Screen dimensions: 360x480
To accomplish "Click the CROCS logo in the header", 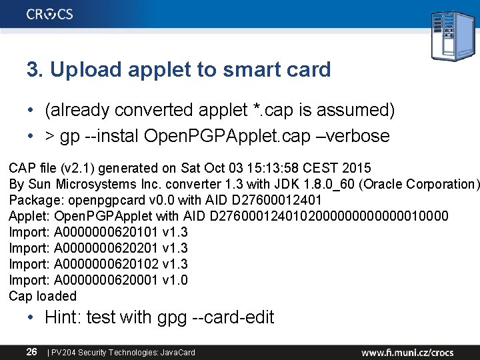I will pos(50,14).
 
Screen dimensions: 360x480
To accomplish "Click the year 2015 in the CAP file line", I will pos(351,167).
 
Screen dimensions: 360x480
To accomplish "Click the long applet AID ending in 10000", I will pos(329,215).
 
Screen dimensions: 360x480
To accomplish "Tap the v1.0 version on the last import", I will pos(175,280).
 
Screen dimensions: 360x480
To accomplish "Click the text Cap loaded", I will pos(43,296).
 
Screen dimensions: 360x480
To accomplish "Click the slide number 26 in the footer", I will pos(31,351).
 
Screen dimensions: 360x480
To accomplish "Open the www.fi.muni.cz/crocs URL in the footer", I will pos(407,351).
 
